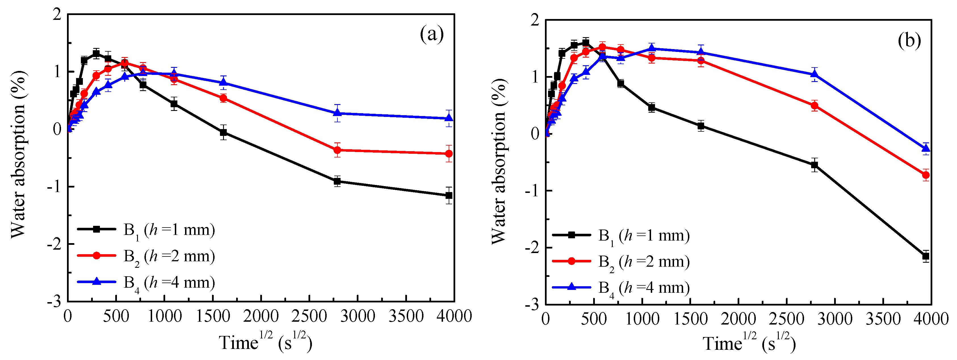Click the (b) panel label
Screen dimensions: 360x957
tap(909, 40)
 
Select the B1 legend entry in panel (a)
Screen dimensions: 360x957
tap(146, 230)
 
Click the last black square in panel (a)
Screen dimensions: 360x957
tap(449, 195)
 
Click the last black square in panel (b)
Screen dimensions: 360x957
tap(926, 256)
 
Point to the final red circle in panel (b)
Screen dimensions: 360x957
tap(926, 175)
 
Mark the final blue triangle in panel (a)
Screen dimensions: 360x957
tap(449, 118)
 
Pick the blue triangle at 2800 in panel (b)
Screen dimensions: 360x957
tap(814, 74)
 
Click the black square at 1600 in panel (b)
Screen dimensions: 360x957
tap(701, 126)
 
